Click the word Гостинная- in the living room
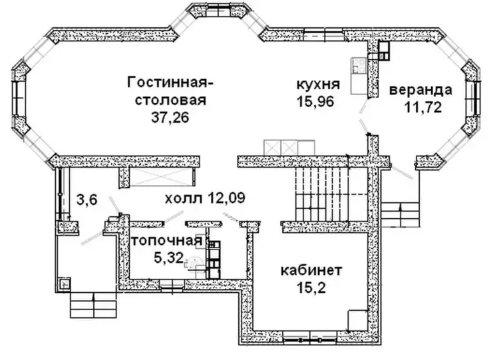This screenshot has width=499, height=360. coord(170,83)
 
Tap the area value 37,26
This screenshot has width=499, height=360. coord(170,118)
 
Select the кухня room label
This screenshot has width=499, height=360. coord(318,85)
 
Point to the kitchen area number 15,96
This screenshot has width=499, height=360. coord(315,102)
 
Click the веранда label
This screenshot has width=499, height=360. coord(420,90)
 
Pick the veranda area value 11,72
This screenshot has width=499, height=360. coord(424,107)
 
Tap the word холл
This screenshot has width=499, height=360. coord(184,199)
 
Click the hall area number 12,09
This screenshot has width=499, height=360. coord(226,198)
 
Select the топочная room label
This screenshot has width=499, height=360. coord(167,241)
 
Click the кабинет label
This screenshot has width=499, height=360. coord(311,271)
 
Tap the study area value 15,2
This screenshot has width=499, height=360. coord(311,288)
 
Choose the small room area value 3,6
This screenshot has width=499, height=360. coord(87,201)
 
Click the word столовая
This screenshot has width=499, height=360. coord(171,100)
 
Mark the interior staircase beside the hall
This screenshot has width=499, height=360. coord(331,194)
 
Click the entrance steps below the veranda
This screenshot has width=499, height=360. coord(400,215)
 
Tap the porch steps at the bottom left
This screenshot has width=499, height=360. coord(93,305)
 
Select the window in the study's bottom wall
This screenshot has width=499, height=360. coord(310,337)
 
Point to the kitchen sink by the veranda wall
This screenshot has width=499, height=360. coord(359,66)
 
